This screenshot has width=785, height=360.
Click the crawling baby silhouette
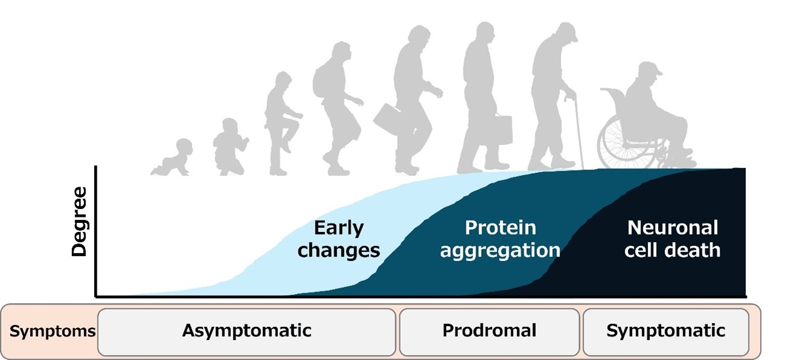tap(173, 159)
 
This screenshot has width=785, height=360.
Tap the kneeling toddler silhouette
tap(230, 147)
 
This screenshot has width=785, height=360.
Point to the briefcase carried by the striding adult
tap(387, 120)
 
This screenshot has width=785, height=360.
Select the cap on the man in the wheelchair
tap(650, 68)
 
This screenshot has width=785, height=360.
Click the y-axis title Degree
tap(79, 222)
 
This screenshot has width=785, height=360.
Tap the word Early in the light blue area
tap(338, 228)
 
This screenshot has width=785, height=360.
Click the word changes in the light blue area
tap(338, 251)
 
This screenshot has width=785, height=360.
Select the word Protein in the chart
tap(500, 228)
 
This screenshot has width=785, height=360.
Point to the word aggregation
tap(500, 251)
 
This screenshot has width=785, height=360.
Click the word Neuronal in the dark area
tap(673, 228)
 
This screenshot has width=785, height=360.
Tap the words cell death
tap(672, 250)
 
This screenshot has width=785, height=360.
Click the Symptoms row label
tap(53, 331)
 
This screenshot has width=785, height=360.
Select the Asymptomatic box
tap(247, 332)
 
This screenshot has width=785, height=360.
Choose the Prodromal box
tap(489, 332)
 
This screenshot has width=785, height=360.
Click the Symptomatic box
tap(666, 332)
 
